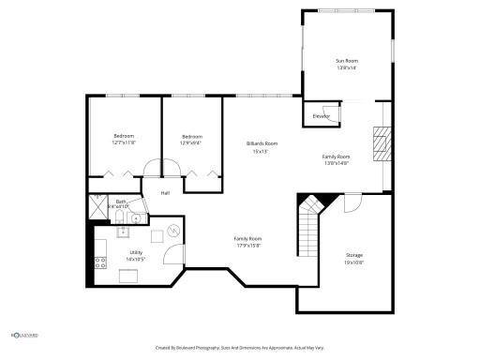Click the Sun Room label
click(347, 64)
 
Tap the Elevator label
click(321, 116)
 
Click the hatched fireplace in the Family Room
click(381, 144)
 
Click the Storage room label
click(353, 258)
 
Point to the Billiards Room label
click(260, 146)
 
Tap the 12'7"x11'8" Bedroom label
click(124, 139)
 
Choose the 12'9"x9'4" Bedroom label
click(192, 139)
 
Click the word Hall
click(165, 193)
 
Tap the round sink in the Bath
click(137, 218)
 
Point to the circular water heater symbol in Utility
click(173, 229)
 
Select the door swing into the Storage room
click(353, 204)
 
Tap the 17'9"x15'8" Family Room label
click(247, 241)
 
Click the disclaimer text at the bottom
click(240, 347)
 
